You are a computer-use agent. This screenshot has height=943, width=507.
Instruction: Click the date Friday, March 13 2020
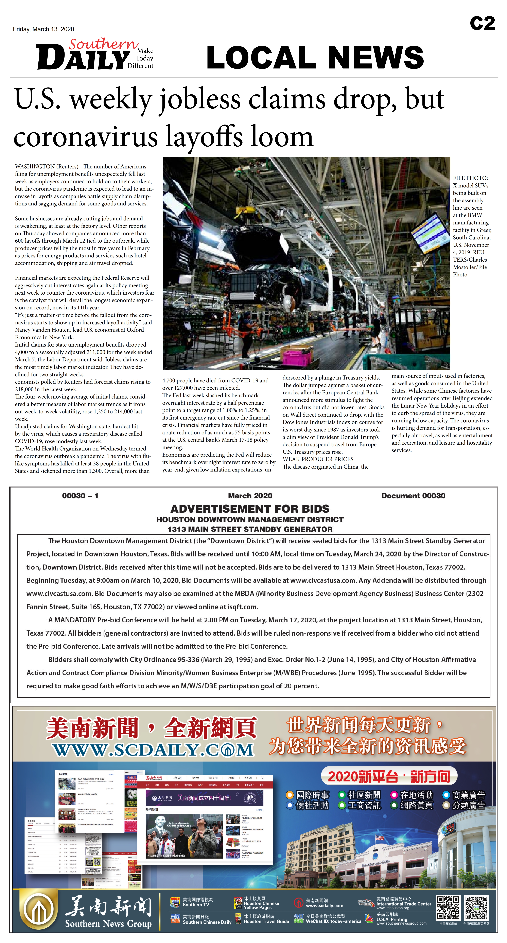[43, 29]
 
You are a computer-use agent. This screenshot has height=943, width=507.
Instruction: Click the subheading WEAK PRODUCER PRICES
[318, 459]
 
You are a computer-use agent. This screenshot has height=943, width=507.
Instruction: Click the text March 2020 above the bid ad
[250, 496]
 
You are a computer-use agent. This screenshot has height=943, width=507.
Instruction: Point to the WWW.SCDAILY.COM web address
[153, 750]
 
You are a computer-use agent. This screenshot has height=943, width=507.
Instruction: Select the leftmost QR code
[448, 907]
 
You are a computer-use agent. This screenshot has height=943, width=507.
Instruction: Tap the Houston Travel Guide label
[266, 921]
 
